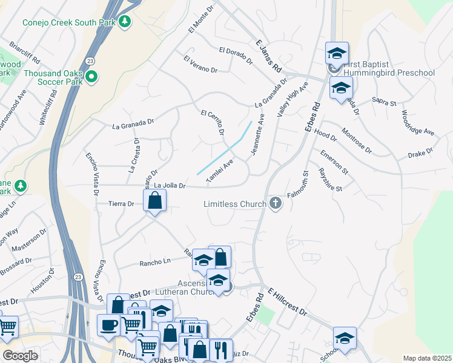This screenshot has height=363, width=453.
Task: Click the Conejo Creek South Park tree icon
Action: click(x=125, y=22)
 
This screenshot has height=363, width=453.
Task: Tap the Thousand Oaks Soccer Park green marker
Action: click(x=91, y=76)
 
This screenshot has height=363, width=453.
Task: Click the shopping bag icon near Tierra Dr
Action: click(x=155, y=200)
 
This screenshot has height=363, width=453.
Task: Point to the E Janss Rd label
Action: click(x=269, y=54)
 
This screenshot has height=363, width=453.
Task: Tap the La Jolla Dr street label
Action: click(x=169, y=185)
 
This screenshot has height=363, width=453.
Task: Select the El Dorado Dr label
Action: click(x=236, y=56)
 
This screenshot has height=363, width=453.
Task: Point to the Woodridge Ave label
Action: click(x=418, y=123)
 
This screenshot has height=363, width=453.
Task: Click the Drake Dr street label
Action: click(x=421, y=154)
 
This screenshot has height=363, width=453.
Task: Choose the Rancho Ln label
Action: click(x=156, y=261)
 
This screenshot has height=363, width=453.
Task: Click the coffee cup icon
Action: click(x=108, y=324)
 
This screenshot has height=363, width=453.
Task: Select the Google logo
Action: click(x=20, y=356)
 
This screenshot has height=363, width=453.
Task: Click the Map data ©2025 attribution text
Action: click(x=426, y=358)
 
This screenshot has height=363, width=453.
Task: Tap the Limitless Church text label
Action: click(x=236, y=204)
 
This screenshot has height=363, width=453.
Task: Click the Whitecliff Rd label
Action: click(x=48, y=108)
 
